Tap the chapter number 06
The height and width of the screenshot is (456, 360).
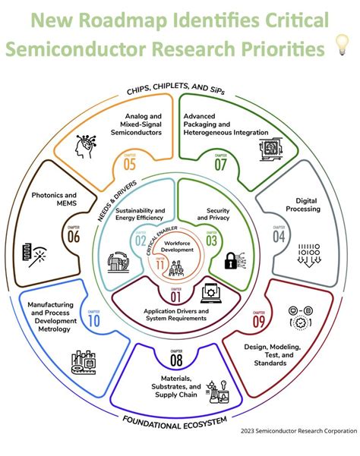pyautogui.click(x=74, y=236)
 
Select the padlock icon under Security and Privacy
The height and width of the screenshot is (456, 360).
pyautogui.click(x=228, y=260)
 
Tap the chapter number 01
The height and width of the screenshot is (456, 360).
pyautogui.click(x=175, y=296)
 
